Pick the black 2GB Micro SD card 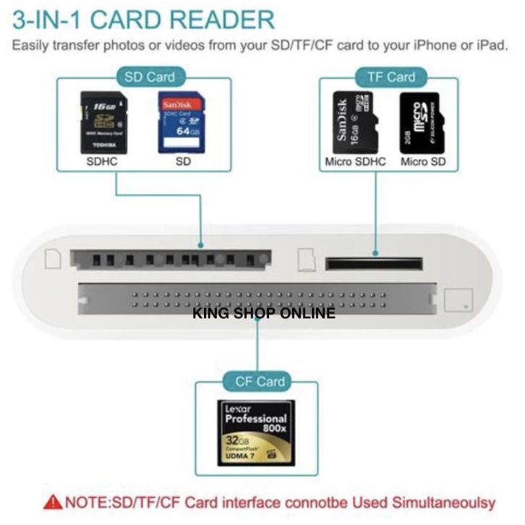(x=421, y=122)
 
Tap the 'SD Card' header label (x=150, y=76)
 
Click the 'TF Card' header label (x=390, y=77)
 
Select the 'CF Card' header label (x=260, y=381)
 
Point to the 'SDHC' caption (x=102, y=162)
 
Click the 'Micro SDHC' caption (x=355, y=162)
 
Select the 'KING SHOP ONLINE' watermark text (x=263, y=314)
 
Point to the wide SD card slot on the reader (x=171, y=259)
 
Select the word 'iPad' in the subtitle (x=492, y=46)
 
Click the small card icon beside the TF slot (x=304, y=259)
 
